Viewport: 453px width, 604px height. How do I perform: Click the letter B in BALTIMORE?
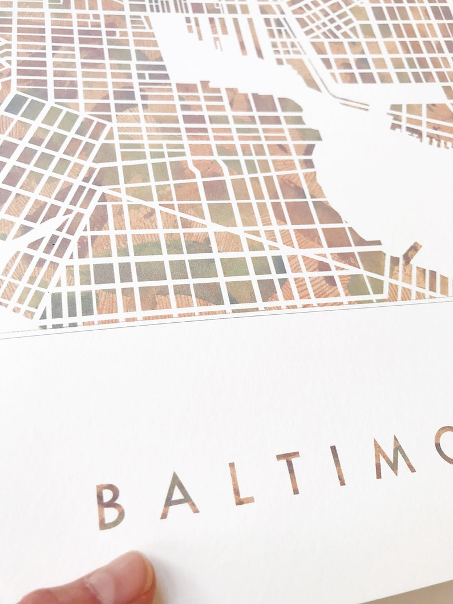coord(110,506)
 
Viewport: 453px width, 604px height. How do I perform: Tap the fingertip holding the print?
coord(114,582)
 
